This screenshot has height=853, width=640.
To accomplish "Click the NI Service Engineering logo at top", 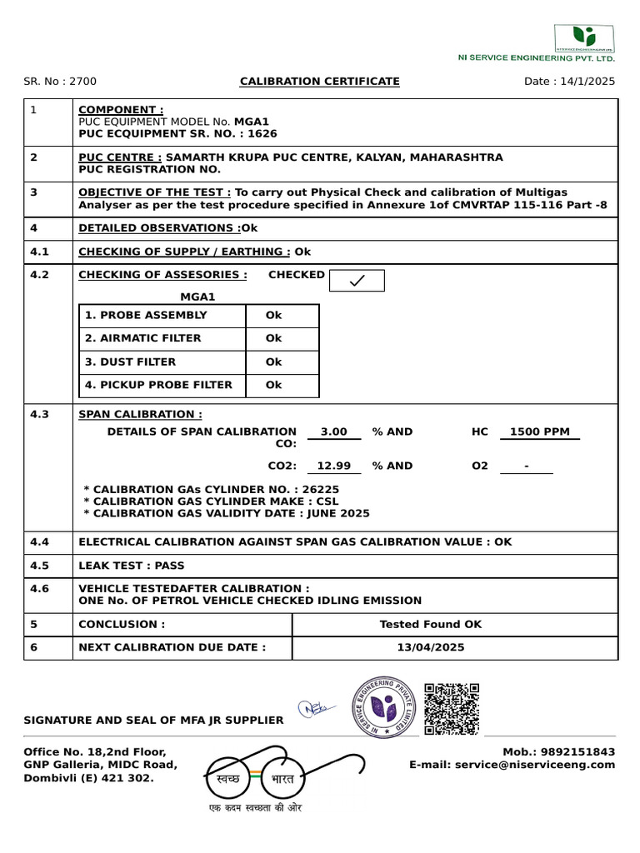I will (x=585, y=37).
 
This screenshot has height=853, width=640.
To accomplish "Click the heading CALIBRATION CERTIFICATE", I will (x=319, y=81).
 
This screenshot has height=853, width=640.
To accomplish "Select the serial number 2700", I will (x=82, y=81).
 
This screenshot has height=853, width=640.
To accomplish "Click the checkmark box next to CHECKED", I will (x=357, y=281).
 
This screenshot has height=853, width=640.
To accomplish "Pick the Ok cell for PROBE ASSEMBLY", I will (x=274, y=316).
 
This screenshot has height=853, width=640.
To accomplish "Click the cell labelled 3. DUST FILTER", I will (x=164, y=362).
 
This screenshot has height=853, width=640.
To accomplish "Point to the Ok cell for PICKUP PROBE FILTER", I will (x=274, y=385).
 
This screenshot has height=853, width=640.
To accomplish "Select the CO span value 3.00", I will (x=333, y=431).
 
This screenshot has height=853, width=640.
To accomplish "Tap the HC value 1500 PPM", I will (x=539, y=431).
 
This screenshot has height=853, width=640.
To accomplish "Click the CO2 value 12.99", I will (x=333, y=466).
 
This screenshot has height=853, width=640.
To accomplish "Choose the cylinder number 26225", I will (x=321, y=490).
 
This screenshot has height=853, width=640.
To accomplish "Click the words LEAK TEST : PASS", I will (x=132, y=566).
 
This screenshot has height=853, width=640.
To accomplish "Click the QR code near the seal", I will (x=452, y=709).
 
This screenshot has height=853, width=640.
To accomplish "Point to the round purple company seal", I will (x=384, y=707).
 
